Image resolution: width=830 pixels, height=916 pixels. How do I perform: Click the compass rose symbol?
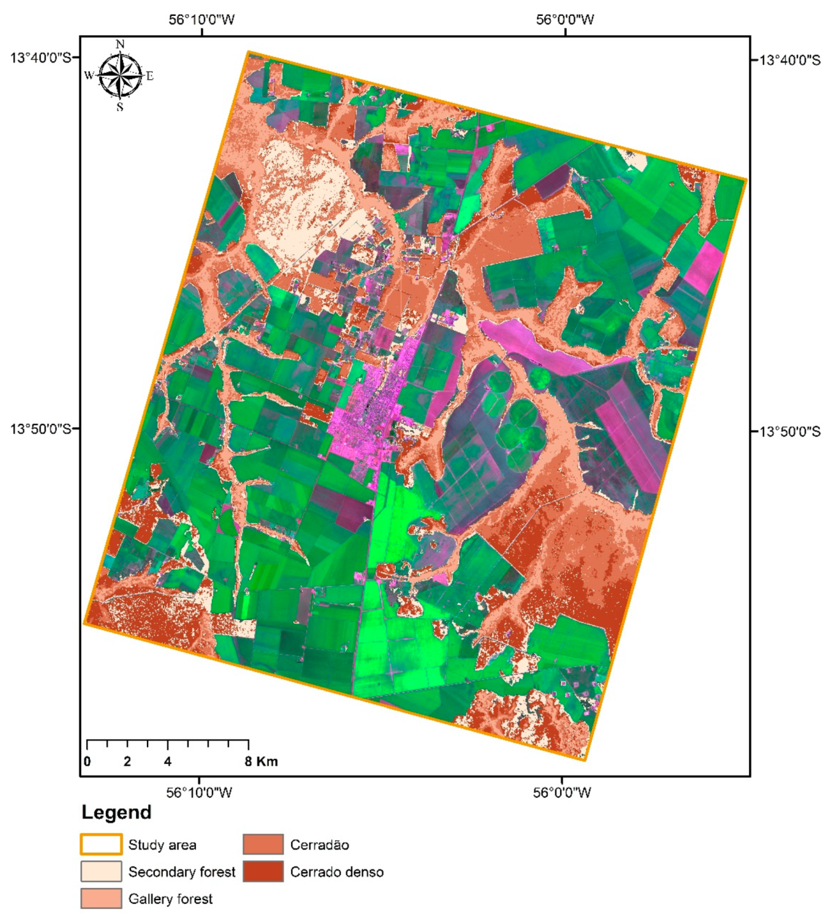click(x=121, y=75)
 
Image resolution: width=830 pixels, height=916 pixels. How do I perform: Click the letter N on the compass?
click(x=121, y=45)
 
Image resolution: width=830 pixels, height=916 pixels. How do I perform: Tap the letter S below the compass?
click(x=120, y=107)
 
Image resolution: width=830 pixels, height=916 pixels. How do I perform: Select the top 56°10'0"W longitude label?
click(x=202, y=19)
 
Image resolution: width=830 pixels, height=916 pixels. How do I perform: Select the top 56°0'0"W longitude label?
click(x=565, y=19)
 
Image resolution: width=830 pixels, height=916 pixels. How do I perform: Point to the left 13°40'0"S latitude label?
click(x=40, y=58)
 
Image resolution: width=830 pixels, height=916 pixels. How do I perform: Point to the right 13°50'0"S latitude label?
click(x=789, y=432)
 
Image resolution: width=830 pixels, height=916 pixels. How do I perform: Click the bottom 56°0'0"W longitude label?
click(x=562, y=793)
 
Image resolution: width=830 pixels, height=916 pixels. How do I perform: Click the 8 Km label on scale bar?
click(x=262, y=761)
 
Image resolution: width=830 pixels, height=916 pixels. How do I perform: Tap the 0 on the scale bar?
click(x=87, y=761)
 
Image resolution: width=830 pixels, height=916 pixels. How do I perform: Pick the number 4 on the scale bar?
click(x=168, y=761)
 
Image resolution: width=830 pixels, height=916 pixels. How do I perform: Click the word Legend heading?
click(x=116, y=812)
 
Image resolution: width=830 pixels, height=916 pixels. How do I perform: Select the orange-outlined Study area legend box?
click(x=101, y=844)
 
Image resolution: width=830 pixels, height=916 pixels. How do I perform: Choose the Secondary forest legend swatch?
click(x=101, y=871)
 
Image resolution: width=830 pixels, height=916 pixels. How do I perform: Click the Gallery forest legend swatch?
click(x=101, y=898)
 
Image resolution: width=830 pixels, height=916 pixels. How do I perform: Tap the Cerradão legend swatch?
click(x=263, y=844)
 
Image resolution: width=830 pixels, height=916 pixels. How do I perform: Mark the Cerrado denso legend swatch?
click(x=263, y=871)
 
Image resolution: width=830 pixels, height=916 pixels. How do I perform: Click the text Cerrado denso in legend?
click(x=337, y=872)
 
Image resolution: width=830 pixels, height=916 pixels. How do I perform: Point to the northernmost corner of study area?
click(x=249, y=52)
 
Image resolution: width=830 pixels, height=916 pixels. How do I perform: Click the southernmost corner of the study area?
click(x=585, y=760)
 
